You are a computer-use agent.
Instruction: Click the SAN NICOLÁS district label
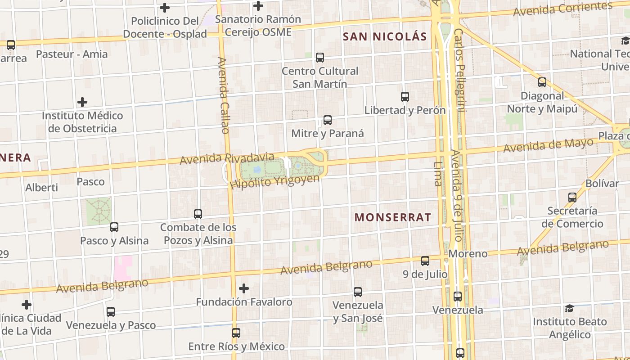pyautogui.click(x=385, y=36)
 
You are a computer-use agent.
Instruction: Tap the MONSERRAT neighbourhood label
pyautogui.click(x=393, y=217)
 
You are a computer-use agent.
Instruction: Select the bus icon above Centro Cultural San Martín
pyautogui.click(x=320, y=58)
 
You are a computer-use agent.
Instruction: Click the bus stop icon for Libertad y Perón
pyautogui.click(x=405, y=96)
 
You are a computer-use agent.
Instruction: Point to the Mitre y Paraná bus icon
pyautogui.click(x=328, y=120)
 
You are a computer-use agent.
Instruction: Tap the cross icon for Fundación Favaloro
pyautogui.click(x=244, y=288)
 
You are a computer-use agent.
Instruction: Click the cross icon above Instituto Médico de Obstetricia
pyautogui.click(x=82, y=102)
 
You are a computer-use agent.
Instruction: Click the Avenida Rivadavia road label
pyautogui.click(x=227, y=158)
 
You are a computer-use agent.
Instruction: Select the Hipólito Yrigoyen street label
pyautogui.click(x=274, y=181)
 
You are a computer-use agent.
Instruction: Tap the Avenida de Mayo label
pyautogui.click(x=548, y=145)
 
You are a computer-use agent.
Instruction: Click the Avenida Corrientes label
pyautogui.click(x=563, y=9)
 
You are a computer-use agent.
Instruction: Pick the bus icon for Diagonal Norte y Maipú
pyautogui.click(x=542, y=82)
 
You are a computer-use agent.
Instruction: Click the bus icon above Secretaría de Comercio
pyautogui.click(x=572, y=197)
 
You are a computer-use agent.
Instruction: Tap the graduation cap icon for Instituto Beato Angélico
pyautogui.click(x=570, y=309)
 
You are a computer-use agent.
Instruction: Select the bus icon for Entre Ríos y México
pyautogui.click(x=236, y=333)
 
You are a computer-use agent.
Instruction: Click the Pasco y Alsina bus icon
pyautogui.click(x=114, y=227)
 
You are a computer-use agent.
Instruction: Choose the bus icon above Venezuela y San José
pyautogui.click(x=358, y=292)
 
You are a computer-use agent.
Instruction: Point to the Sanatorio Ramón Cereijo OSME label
pyautogui.click(x=258, y=26)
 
